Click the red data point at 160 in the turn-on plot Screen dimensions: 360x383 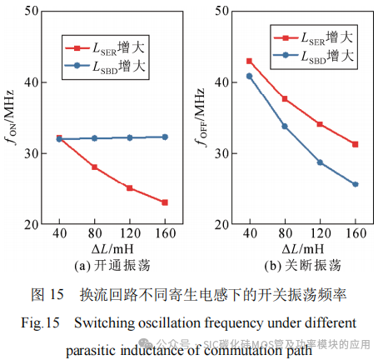point(164,202)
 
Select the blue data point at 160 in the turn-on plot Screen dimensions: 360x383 point(164,137)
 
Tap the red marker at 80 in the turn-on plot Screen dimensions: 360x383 point(94,167)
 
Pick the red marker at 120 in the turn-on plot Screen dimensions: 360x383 point(129,188)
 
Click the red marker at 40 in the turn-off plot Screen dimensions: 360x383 point(249,61)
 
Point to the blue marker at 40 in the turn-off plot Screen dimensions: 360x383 point(249,76)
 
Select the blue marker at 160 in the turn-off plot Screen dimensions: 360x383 point(355,184)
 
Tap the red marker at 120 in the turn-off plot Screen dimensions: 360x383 point(320,124)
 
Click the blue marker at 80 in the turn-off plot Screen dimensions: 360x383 point(285,127)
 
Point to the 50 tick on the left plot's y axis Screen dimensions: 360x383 point(33,11)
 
